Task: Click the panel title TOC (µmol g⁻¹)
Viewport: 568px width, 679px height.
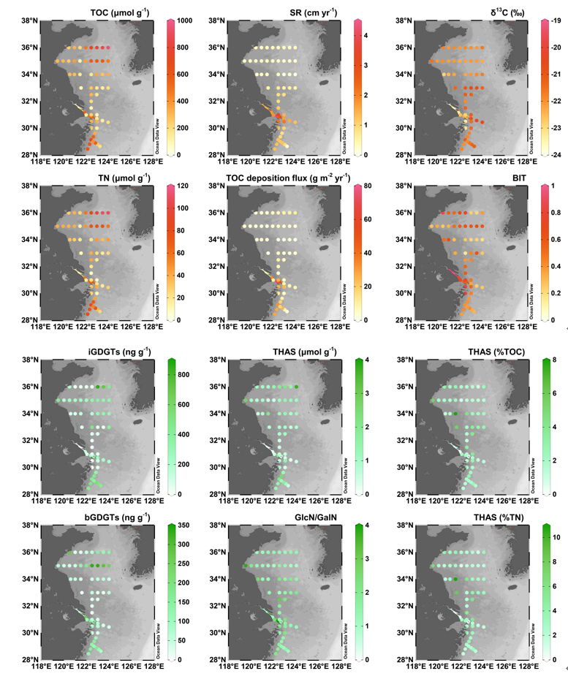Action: tap(115, 13)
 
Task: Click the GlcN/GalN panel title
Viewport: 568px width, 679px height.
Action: tap(306, 515)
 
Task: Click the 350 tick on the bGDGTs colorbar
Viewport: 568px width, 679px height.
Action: tap(182, 526)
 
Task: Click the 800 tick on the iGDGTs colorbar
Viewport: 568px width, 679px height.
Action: tap(182, 374)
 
